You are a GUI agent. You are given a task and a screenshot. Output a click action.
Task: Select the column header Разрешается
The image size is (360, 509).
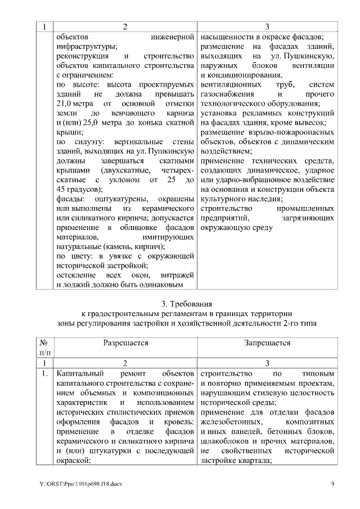pos(126,342)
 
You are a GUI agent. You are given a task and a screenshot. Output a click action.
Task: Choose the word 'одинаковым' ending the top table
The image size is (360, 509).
pos(165,285)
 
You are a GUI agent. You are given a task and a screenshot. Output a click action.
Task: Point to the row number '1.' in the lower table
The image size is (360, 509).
pos(44,373)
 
